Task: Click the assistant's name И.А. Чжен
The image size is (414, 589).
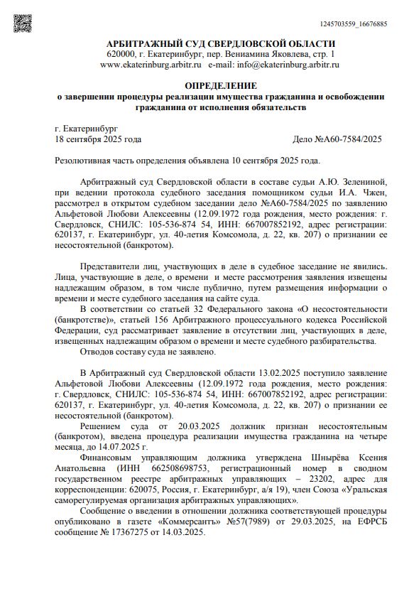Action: (367, 193)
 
